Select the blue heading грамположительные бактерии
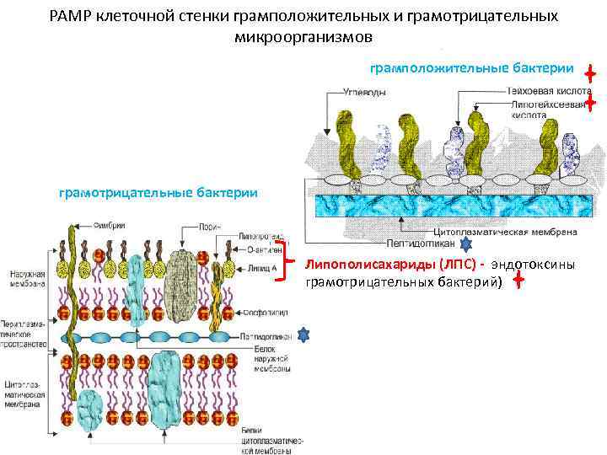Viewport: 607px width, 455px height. (x=471, y=68)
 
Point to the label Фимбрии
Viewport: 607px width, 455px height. (x=109, y=225)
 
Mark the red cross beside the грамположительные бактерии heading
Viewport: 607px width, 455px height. (x=590, y=74)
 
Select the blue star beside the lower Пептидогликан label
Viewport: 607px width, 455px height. (x=304, y=335)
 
